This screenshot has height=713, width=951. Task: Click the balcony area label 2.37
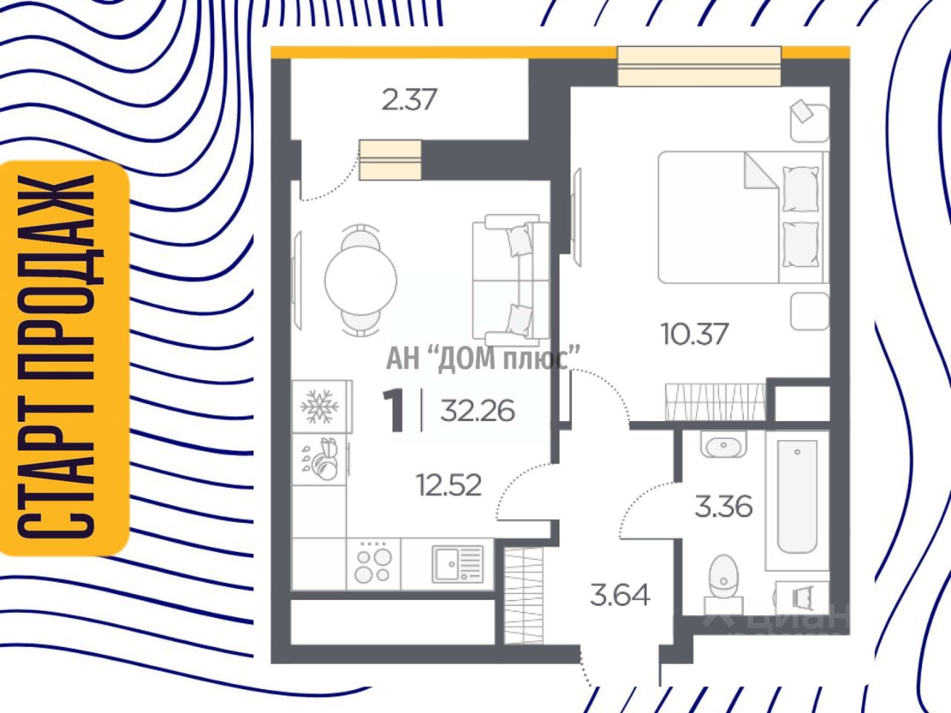(409, 99)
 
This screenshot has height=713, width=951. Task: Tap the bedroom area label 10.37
(695, 333)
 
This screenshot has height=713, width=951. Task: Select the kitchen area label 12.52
(449, 486)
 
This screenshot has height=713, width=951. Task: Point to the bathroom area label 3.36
(723, 507)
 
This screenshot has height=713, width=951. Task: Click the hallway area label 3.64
(620, 595)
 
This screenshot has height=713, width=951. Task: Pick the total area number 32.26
(477, 410)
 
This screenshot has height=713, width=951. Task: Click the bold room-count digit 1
(393, 411)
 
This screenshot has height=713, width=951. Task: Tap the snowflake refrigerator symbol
(319, 406)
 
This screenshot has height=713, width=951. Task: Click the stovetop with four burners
(373, 564)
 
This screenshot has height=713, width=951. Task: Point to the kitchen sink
(457, 564)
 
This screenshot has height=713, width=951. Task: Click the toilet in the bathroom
(720, 577)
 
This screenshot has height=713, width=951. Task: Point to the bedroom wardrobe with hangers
(715, 402)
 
